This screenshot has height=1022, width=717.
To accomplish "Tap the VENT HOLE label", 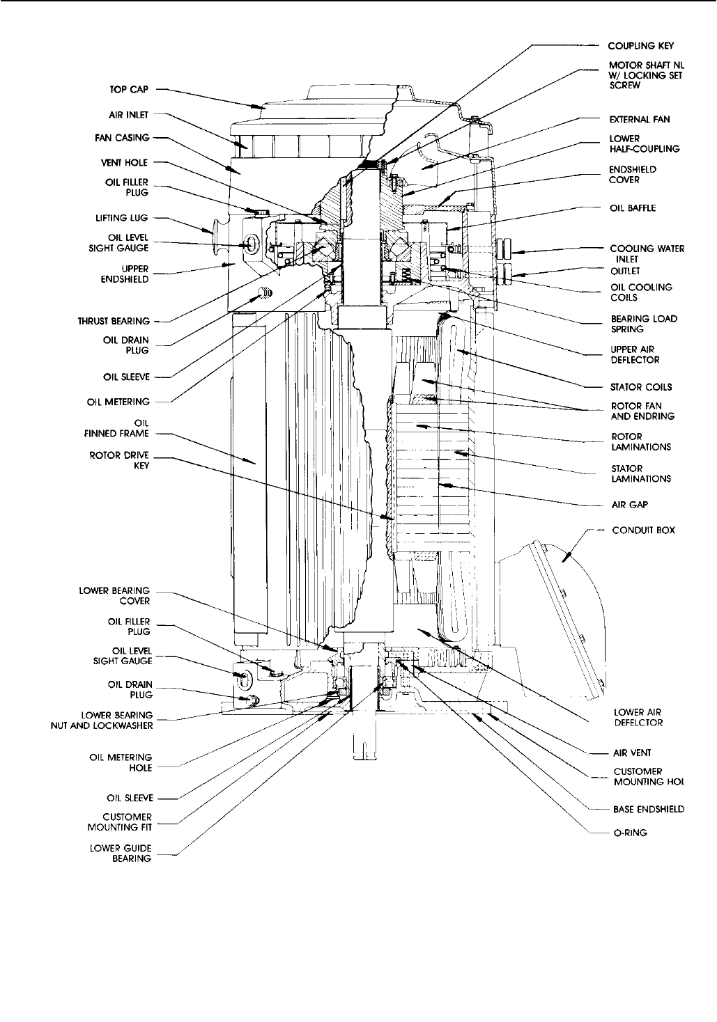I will click(x=130, y=163).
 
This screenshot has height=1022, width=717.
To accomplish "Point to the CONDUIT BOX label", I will click(x=644, y=530).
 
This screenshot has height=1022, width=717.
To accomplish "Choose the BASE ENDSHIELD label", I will click(x=648, y=809).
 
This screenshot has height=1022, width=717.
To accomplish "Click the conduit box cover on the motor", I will click(x=568, y=613).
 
